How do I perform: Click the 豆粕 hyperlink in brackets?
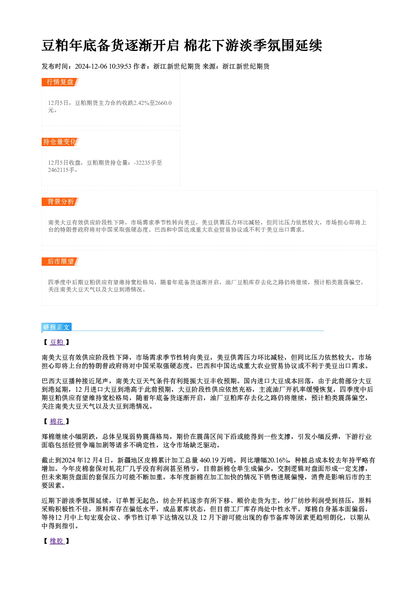pos(57,342)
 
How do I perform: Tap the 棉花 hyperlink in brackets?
pos(57,421)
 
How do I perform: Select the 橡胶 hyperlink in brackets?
pos(57,541)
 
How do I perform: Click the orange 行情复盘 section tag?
pos(60,82)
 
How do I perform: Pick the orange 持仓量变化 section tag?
pos(60,142)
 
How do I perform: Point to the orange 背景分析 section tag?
pos(60,202)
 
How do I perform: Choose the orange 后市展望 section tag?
pos(60,262)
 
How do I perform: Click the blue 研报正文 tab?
pos(56,327)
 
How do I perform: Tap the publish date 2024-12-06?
pos(91,67)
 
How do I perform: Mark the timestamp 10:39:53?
pos(120,67)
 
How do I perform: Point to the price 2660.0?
pos(163,103)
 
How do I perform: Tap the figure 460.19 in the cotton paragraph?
pos(209,460)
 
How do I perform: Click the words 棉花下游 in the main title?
pos(212,45)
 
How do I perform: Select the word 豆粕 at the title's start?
pos(56,45)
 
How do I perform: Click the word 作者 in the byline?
pos(140,67)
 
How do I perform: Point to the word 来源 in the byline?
pos(209,67)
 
